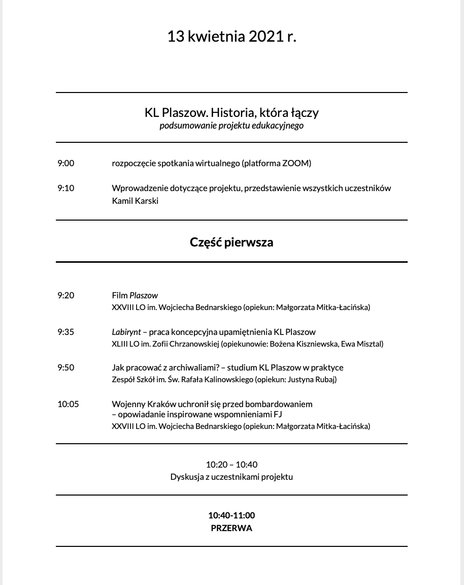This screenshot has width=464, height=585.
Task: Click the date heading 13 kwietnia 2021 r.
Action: point(231,37)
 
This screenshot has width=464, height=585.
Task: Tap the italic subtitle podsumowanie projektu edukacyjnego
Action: point(231,126)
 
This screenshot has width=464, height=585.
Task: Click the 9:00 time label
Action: point(65,163)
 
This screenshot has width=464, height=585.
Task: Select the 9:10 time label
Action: point(65,188)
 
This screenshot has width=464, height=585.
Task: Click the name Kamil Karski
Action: point(135,201)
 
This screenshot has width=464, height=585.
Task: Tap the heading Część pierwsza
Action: point(231,242)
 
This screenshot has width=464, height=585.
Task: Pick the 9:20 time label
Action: point(65,295)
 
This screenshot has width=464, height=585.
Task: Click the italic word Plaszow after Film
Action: point(144,295)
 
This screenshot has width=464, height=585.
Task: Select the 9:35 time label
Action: point(65,332)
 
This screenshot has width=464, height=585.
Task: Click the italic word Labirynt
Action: point(126,332)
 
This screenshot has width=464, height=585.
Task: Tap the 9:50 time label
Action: point(65,367)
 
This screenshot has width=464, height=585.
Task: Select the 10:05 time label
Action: point(68,404)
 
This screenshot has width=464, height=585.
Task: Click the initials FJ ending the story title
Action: point(278,414)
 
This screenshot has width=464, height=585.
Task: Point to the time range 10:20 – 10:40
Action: point(231,465)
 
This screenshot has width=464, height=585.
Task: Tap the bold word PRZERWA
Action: point(231,528)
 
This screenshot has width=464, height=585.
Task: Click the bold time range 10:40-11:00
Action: point(231,515)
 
